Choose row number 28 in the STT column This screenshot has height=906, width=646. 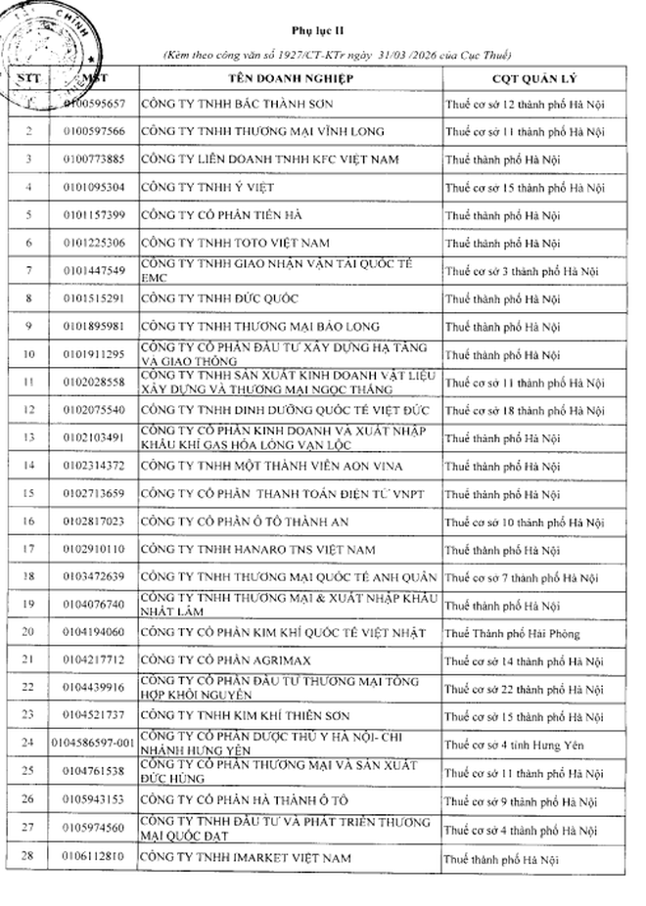point(29,858)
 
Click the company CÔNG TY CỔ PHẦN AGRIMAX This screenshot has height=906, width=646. point(211,661)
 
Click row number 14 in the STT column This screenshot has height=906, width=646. point(29,466)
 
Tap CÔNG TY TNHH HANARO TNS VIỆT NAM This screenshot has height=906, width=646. point(257,550)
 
